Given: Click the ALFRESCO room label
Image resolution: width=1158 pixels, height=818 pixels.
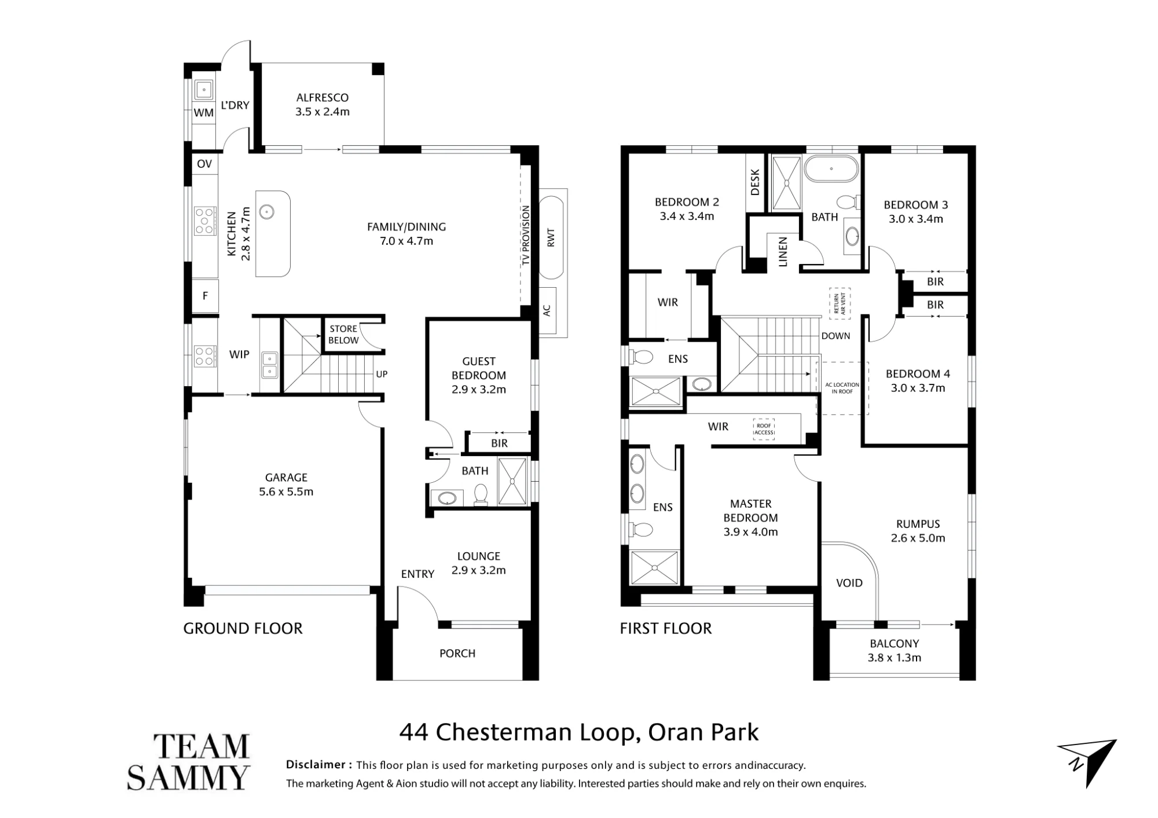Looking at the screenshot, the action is (323, 98).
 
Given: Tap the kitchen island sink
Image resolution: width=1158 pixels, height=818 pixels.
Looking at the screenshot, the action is (266, 212).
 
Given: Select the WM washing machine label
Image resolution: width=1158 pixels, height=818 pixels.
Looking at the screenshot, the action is (203, 113).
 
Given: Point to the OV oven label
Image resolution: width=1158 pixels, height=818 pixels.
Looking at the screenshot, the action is (204, 164).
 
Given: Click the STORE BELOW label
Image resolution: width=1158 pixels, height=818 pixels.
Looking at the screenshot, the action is (343, 335).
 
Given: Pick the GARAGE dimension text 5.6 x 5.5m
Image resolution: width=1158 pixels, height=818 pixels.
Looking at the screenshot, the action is (286, 492).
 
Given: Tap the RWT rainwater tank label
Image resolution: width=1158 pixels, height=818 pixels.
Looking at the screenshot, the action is (551, 237).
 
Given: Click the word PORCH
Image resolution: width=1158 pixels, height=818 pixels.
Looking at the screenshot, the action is (457, 654).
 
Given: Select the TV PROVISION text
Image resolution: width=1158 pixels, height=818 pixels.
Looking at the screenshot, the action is (526, 236).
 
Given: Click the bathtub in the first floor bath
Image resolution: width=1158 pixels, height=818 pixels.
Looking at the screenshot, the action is (831, 169).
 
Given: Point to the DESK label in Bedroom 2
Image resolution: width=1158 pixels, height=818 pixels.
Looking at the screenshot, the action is (754, 182).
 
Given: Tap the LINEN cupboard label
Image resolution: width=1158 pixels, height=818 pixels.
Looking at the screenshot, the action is (783, 252).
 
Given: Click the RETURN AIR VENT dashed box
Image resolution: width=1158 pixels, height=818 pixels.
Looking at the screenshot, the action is (840, 303).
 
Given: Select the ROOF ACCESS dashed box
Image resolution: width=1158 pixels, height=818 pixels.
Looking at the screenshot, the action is (764, 429).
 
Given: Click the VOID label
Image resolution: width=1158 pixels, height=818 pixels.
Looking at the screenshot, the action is (849, 583).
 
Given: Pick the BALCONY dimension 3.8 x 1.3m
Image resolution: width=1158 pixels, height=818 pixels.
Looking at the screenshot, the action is (895, 658).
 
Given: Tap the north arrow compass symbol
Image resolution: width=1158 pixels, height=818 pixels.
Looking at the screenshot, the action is (1089, 762).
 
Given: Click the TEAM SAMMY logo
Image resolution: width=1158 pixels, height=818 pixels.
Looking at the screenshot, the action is (188, 762).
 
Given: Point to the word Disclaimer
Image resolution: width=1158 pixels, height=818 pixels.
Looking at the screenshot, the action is (316, 765).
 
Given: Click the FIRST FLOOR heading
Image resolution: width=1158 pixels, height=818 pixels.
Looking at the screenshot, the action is (666, 629).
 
